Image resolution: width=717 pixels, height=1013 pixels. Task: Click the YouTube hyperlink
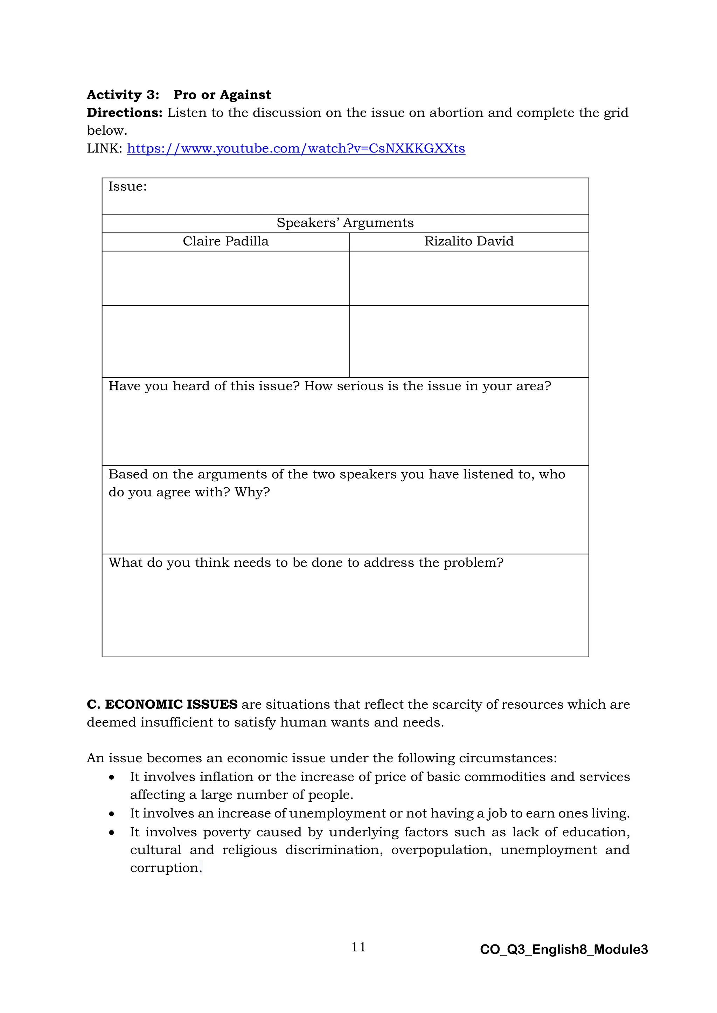pos(296,148)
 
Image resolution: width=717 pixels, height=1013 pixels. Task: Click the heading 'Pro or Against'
pos(222,95)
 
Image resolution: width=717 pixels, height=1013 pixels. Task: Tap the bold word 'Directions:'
pos(125,113)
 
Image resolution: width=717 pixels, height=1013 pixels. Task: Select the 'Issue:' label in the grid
pos(127,187)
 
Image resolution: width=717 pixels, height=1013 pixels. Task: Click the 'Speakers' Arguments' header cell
pos(345,223)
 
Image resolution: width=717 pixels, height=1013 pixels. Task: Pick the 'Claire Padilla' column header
pos(225,242)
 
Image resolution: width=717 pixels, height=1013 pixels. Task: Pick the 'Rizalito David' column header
pos(469,242)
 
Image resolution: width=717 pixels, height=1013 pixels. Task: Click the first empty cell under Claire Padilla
pos(225,278)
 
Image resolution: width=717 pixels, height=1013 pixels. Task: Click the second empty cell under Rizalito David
pos(469,341)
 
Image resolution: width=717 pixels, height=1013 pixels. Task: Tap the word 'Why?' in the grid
pos(252,492)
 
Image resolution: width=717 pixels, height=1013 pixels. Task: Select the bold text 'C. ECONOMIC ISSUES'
pos(162,704)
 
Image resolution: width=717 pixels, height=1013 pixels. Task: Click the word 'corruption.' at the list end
pos(166,868)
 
